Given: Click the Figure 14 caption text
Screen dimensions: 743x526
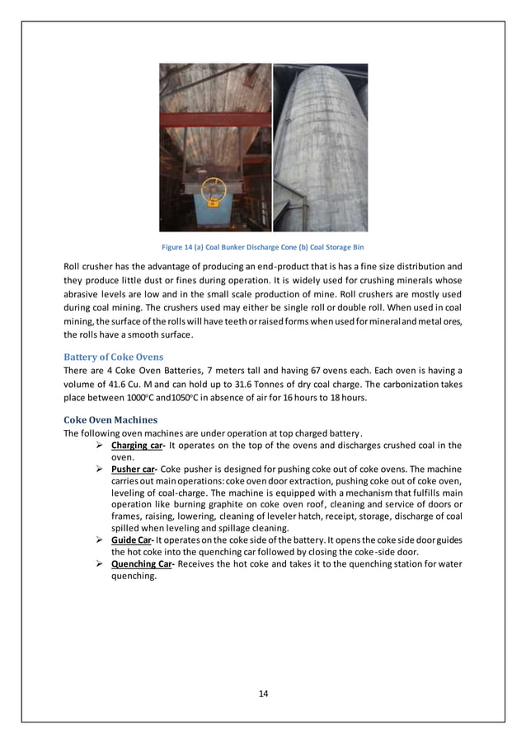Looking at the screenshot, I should click(262, 246).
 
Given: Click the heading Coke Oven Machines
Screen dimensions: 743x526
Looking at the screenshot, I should click(111, 420).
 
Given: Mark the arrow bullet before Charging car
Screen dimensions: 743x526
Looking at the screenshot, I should click(99, 446).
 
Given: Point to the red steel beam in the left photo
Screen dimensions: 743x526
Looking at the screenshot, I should click(214, 121).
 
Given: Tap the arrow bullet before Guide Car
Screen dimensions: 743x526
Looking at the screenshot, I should click(99, 538).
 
